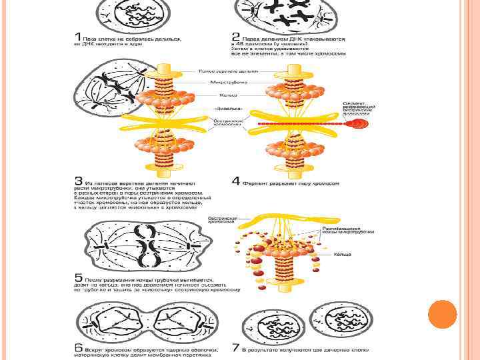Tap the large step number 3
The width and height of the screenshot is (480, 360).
tap(78, 181)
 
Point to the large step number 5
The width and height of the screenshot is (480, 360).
tap(78, 277)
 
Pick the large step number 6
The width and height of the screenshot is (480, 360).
tap(78, 347)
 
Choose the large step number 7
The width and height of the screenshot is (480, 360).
tap(235, 347)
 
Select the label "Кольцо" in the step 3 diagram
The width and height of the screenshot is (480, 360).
tap(221, 95)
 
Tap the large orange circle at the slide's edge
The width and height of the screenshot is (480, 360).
tap(443, 314)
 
